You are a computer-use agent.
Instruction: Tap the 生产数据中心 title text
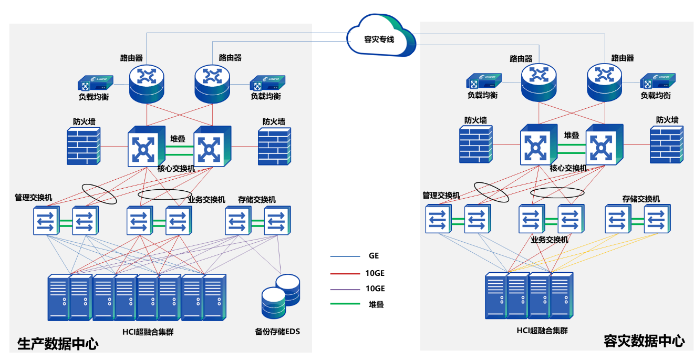click(58, 345)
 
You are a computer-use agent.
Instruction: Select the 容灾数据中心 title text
click(644, 341)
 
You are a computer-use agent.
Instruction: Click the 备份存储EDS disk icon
click(281, 296)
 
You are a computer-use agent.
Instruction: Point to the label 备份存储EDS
click(277, 332)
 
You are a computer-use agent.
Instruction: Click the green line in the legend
click(345, 304)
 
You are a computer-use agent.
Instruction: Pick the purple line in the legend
click(345, 290)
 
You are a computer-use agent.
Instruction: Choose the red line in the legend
click(345, 274)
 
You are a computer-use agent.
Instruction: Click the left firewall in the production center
click(84, 146)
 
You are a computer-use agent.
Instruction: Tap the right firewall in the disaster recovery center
click(667, 145)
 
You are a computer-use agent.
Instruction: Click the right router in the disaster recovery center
click(604, 82)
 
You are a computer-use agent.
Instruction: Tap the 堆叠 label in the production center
click(178, 139)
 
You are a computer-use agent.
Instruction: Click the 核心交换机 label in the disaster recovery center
click(568, 168)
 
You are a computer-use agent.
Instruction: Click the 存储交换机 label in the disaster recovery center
click(641, 199)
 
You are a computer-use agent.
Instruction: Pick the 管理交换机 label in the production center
click(33, 198)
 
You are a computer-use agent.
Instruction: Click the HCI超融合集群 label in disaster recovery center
click(542, 331)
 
